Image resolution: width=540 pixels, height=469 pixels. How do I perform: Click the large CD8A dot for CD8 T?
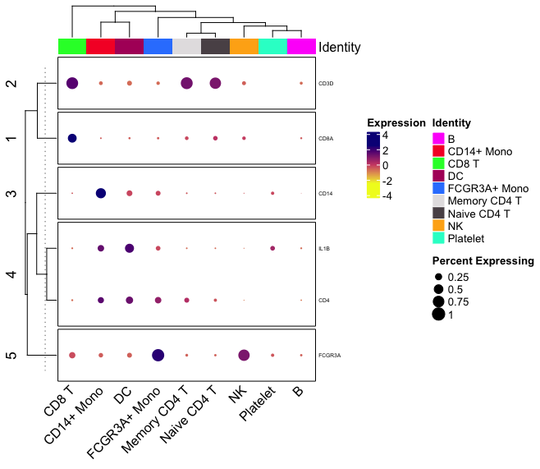[71, 138]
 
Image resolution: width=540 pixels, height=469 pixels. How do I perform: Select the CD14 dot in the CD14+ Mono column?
[100, 193]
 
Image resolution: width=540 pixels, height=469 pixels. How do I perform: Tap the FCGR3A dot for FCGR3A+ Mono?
[158, 355]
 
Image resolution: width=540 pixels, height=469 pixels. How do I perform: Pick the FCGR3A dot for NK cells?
[244, 355]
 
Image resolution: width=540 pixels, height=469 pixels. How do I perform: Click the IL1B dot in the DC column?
[129, 248]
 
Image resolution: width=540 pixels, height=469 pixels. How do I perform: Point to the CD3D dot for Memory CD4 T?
[186, 83]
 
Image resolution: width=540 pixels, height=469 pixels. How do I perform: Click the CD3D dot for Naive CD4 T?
[215, 83]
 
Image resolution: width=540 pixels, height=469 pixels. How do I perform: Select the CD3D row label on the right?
[326, 84]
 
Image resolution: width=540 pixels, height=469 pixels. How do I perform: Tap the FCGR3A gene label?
[329, 356]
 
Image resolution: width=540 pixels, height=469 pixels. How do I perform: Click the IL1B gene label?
[324, 248]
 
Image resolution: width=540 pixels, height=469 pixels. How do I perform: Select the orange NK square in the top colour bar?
[244, 47]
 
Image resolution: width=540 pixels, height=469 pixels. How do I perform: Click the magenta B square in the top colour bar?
[301, 47]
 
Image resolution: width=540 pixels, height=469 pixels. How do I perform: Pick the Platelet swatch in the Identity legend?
[438, 237]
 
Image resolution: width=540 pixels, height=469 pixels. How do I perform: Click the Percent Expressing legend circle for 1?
[439, 314]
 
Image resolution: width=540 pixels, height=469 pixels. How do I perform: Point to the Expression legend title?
[396, 123]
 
